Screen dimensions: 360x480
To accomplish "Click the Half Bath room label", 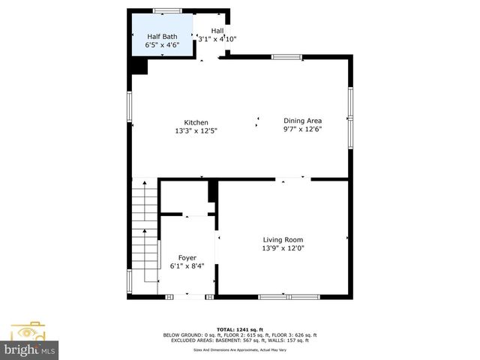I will (x=163, y=36).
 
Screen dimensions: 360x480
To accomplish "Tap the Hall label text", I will (x=217, y=31).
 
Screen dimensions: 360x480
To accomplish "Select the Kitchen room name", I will (x=196, y=122).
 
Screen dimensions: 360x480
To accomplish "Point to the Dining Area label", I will (x=302, y=120).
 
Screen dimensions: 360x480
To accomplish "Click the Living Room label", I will (x=283, y=240).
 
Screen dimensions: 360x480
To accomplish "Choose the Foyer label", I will (x=187, y=257).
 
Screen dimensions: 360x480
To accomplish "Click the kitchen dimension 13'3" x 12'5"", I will (x=196, y=131).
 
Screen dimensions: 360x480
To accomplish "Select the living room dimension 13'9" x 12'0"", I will (x=283, y=249).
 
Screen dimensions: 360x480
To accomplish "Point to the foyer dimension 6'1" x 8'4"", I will (x=187, y=266).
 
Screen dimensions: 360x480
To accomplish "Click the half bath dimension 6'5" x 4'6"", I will (x=163, y=45).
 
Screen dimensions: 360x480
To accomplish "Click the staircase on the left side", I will (x=145, y=225).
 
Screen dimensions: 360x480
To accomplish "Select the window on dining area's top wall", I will (x=286, y=57).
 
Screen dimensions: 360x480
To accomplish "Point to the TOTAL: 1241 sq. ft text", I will (x=240, y=329).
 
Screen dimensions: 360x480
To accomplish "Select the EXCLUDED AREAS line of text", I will (x=240, y=340).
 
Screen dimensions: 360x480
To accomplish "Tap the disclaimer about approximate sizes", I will (x=240, y=349).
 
